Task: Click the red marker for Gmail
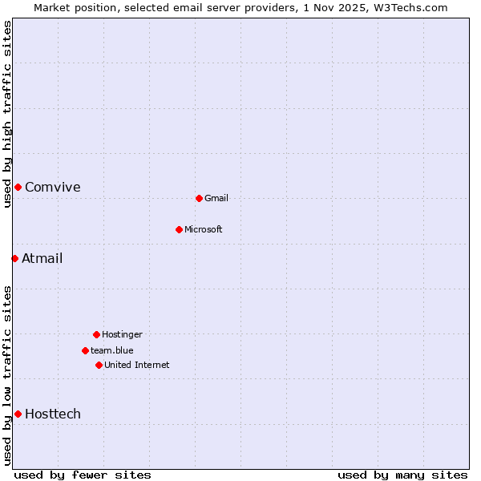pyautogui.click(x=199, y=198)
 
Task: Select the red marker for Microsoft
pyautogui.click(x=179, y=229)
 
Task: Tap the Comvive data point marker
pyautogui.click(x=18, y=187)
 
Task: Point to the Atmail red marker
pyautogui.click(x=14, y=258)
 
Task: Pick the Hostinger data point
pyautogui.click(x=96, y=334)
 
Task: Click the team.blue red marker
pyautogui.click(x=85, y=350)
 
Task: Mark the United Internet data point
pyautogui.click(x=99, y=365)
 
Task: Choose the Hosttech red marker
pyautogui.click(x=18, y=414)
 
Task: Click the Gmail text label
pyautogui.click(x=216, y=198)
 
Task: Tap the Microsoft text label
pyautogui.click(x=204, y=229)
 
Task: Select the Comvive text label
pyautogui.click(x=53, y=187)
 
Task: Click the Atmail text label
pyautogui.click(x=42, y=258)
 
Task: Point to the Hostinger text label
pyautogui.click(x=122, y=334)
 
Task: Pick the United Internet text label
pyautogui.click(x=137, y=365)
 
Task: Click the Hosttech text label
pyautogui.click(x=53, y=414)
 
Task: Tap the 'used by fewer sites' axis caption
pyautogui.click(x=83, y=475)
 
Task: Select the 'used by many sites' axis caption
pyautogui.click(x=402, y=475)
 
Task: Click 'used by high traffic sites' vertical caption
pyautogui.click(x=7, y=114)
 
